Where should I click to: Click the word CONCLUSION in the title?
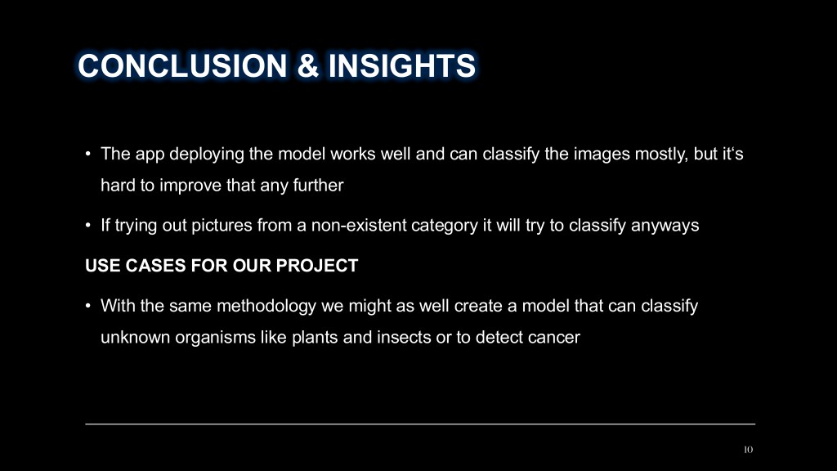[x=182, y=65]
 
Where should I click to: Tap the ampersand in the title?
[x=308, y=65]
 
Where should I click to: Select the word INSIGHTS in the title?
[x=402, y=65]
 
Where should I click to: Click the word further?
[x=318, y=186]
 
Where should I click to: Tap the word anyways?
[x=665, y=226]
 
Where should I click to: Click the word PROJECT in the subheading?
[x=316, y=266]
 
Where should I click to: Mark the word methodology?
[x=266, y=306]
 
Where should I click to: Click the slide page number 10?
[x=749, y=450]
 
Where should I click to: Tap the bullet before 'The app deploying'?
[x=88, y=155]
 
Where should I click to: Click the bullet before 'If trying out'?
[x=88, y=226]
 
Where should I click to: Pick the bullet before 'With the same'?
[x=88, y=306]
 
